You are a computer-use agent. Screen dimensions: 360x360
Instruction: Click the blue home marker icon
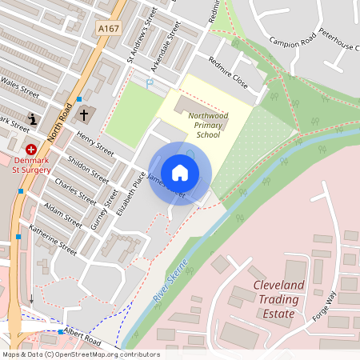pyautogui.click(x=180, y=172)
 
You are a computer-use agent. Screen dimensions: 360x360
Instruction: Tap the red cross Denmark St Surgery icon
pyautogui.click(x=32, y=150)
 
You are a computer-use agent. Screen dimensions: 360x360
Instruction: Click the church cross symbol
pyautogui.click(x=83, y=115)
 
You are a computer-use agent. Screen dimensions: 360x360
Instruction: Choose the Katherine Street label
pyautogui.click(x=53, y=238)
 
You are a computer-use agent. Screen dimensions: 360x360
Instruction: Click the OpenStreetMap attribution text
pyautogui.click(x=80, y=354)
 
